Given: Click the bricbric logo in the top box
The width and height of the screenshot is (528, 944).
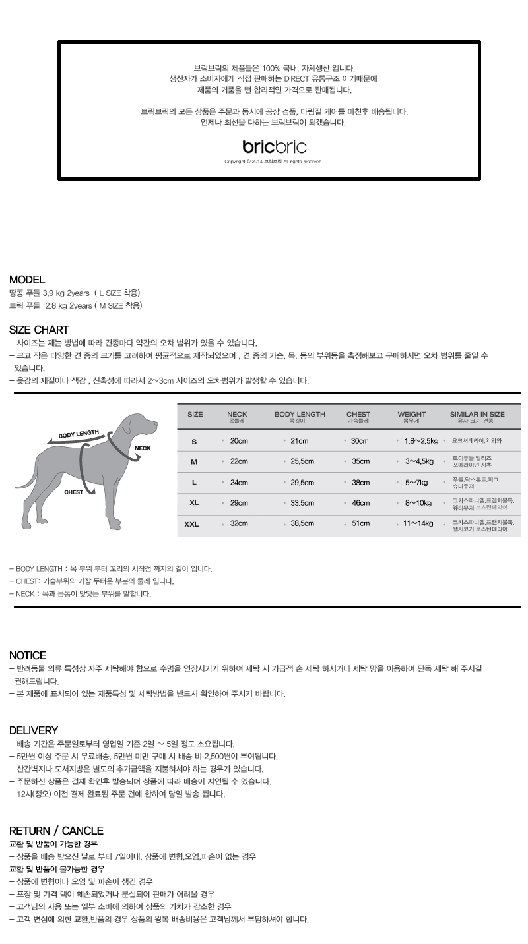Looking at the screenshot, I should coord(275,147).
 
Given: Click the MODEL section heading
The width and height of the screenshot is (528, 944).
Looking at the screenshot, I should coord(27,280).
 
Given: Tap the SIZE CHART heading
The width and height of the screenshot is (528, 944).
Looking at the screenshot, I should coord(39,330).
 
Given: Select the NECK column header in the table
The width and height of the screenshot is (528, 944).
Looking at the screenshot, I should coord(236,417).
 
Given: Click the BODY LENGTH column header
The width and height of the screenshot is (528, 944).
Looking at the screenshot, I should coord(300,417).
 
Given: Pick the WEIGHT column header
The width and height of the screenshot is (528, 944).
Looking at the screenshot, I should coord(411,417).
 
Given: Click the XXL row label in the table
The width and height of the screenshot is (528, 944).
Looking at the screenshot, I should coord(191,525).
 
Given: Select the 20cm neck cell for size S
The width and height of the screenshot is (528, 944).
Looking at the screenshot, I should coord(239,441).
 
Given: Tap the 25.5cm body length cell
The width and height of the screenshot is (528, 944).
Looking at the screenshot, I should coord(302,461).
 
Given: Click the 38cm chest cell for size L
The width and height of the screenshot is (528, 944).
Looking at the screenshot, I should coord(360,483).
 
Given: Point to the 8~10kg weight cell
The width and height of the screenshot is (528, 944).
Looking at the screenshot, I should coord(418,503).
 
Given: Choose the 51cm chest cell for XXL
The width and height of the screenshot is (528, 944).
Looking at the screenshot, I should coord(360,523).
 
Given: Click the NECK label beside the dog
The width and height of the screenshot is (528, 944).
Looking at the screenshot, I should coord(143,448).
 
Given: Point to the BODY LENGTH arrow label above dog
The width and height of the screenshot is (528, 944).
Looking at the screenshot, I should coord(78,434).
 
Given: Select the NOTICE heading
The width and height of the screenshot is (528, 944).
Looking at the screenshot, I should coord(28,655).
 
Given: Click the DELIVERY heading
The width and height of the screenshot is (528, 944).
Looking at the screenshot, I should coord(34,730).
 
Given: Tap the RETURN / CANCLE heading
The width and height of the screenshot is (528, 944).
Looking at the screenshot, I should coord(56,831).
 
